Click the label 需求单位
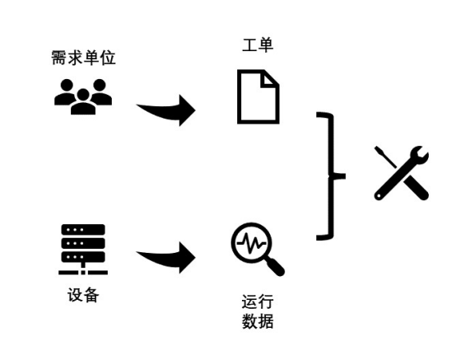[83, 58]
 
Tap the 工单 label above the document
[258, 44]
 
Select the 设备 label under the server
[83, 295]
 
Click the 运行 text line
[258, 302]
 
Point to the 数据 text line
[258, 321]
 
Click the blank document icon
[258, 96]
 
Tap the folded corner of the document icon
[270, 78]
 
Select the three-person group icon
[83, 96]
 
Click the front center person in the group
[83, 102]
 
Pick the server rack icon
[83, 250]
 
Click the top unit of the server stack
[83, 230]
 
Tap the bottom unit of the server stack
[83, 257]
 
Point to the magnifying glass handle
[275, 267]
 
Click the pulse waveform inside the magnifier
[251, 243]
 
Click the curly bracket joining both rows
[330, 176]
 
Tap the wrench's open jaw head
[419, 154]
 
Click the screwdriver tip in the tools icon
[377, 149]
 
